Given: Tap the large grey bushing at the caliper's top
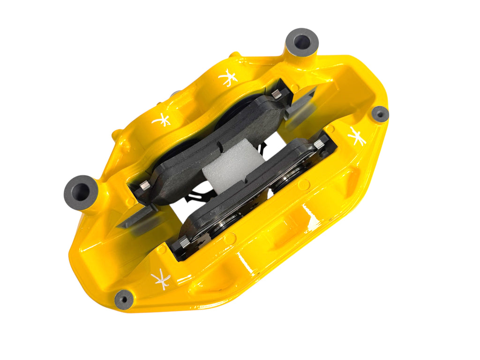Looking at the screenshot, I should tap(301, 42).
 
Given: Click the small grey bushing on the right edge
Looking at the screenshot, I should tap(380, 114).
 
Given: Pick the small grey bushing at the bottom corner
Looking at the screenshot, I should tap(124, 299).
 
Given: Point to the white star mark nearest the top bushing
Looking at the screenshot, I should tap(228, 77).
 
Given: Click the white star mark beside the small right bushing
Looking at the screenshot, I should tap(357, 136).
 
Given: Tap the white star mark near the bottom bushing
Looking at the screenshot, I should tap(161, 280).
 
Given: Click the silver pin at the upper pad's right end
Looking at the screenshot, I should tap(277, 94).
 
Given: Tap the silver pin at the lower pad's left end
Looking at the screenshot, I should tap(184, 242).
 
